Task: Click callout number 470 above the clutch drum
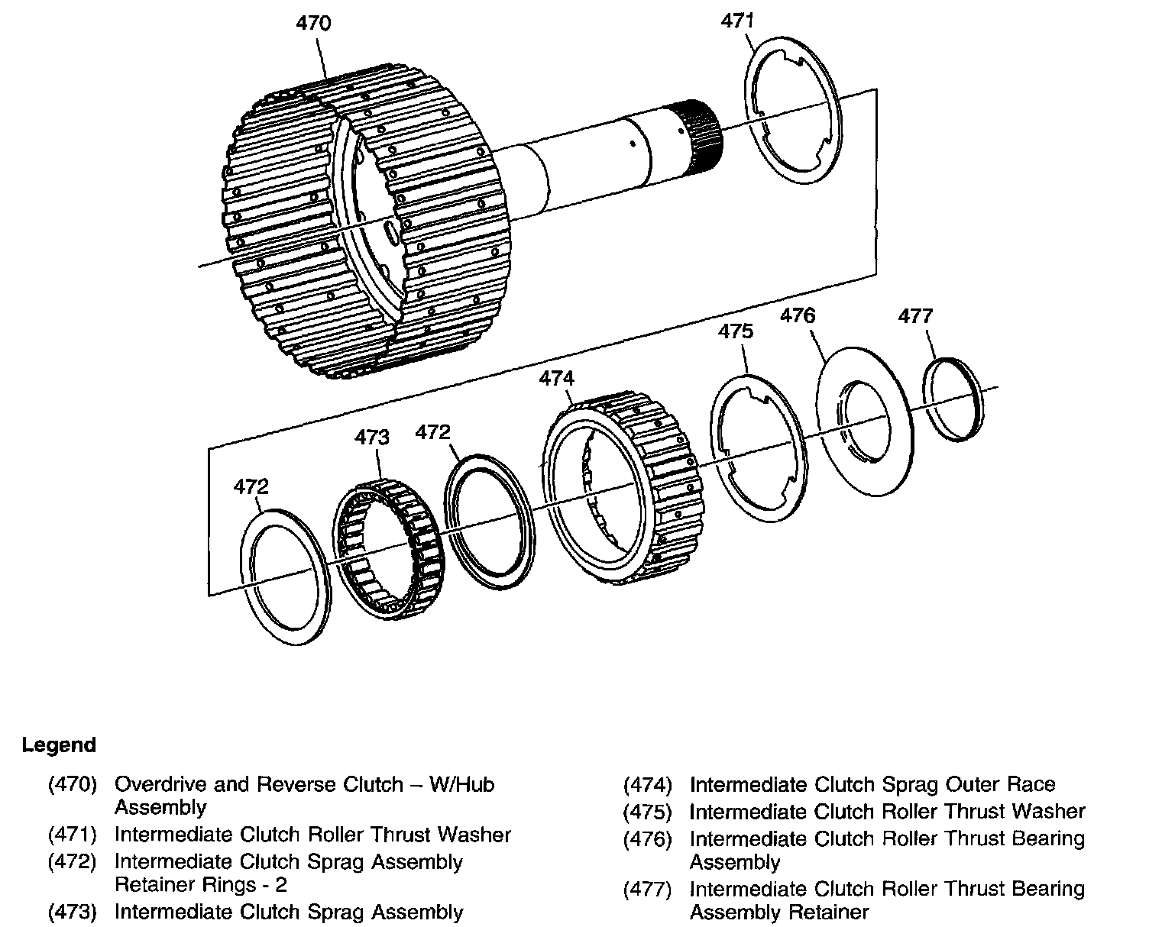pos(313,24)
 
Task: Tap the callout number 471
pos(738,21)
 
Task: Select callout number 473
pos(372,437)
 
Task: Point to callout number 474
pos(557,378)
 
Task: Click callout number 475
pos(736,331)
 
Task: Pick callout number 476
pos(798,315)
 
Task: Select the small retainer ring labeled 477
pos(953,399)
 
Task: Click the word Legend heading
pos(60,745)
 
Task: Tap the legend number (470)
pos(73,784)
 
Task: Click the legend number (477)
pos(648,889)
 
